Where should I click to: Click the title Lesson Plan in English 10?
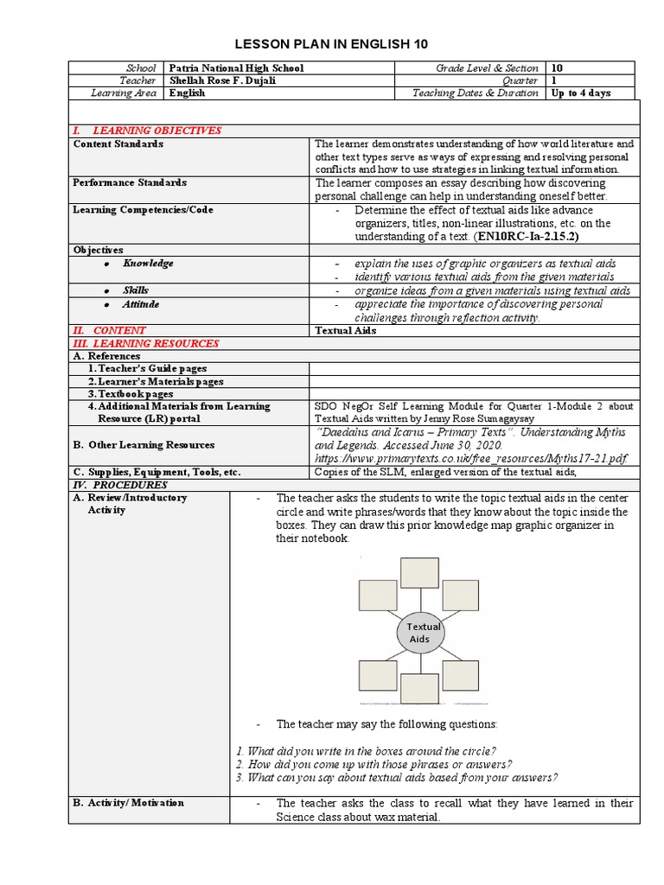(332, 44)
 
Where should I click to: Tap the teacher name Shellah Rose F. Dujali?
(224, 80)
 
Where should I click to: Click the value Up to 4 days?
(580, 93)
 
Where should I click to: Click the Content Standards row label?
(118, 144)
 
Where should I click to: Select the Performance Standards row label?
(129, 183)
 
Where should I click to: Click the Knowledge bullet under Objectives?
(147, 264)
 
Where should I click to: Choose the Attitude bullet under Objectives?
(140, 305)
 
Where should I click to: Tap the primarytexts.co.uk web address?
(471, 458)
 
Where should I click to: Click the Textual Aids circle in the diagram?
(419, 633)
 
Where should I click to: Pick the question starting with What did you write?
(366, 750)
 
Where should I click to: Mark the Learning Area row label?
(124, 93)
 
